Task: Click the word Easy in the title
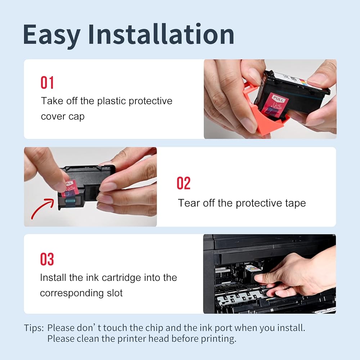[x=51, y=35]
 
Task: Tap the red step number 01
[x=47, y=83]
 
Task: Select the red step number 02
[x=184, y=183]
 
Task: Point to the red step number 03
[x=47, y=259]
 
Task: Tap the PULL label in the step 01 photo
[x=278, y=99]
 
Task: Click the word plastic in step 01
[x=112, y=101]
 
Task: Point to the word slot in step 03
[x=115, y=293]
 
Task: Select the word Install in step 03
[x=53, y=278]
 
